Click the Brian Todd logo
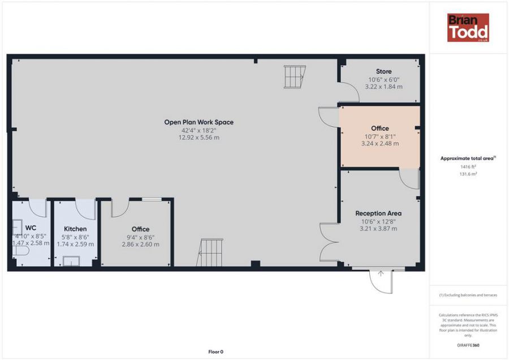click(x=468, y=28)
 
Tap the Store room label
click(x=383, y=71)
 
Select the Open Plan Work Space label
click(x=199, y=122)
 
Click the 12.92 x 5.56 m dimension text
click(x=199, y=138)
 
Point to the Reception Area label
click(x=378, y=213)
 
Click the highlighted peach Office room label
click(x=380, y=128)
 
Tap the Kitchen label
click(x=75, y=229)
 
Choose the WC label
click(x=31, y=228)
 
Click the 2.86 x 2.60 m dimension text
click(x=141, y=245)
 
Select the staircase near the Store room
click(x=295, y=76)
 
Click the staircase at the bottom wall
click(x=210, y=252)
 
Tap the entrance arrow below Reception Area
click(x=381, y=273)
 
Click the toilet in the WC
click(x=21, y=251)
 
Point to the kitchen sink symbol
click(x=71, y=261)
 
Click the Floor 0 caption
click(x=216, y=352)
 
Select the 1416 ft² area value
click(x=468, y=166)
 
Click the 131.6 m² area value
click(x=468, y=174)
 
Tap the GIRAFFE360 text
click(x=468, y=345)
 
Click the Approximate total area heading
click(x=468, y=158)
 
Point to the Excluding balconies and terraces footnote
click(x=468, y=295)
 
